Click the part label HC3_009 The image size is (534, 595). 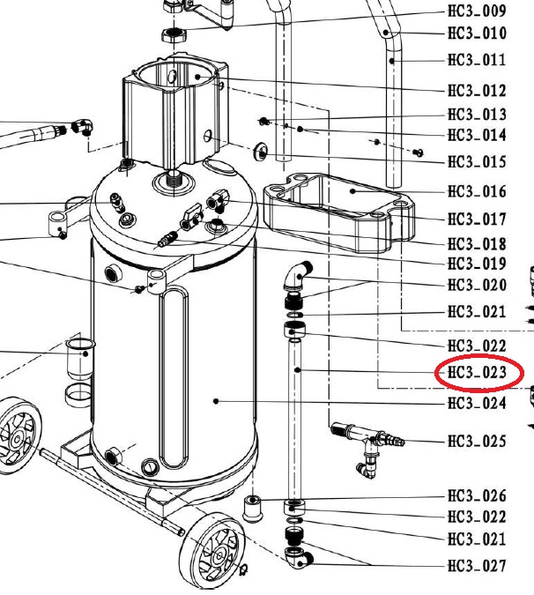pos(477,11)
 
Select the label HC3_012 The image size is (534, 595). pos(477,91)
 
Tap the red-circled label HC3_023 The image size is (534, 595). pos(477,372)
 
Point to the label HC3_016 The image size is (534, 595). pos(477,191)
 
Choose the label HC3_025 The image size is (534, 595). pos(477,442)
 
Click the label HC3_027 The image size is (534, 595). pos(477,566)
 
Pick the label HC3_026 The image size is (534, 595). pos(477,495)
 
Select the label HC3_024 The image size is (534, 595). pos(477,403)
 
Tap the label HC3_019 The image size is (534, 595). pos(477,264)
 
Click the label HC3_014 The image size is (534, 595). pos(477,135)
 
